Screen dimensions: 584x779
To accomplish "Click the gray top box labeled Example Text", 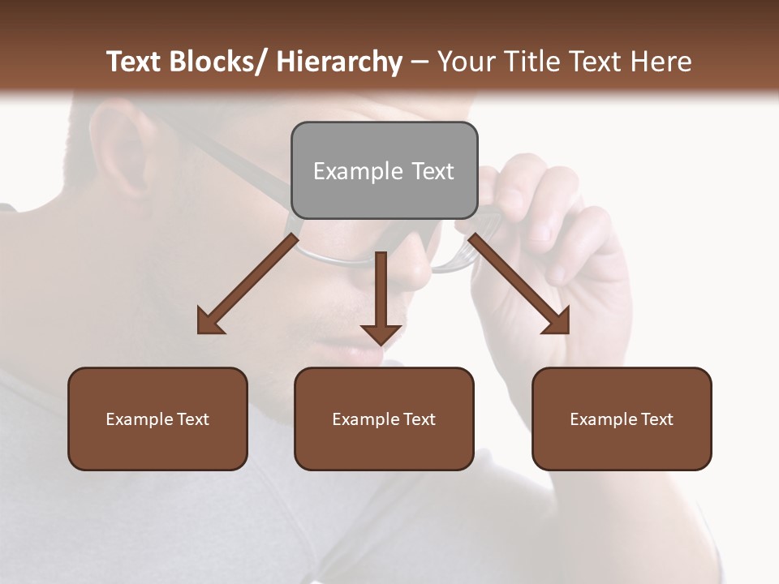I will pyautogui.click(x=384, y=170).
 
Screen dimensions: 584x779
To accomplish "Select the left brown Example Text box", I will pyautogui.click(x=157, y=419).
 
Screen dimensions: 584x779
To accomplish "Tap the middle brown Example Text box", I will pyautogui.click(x=384, y=419).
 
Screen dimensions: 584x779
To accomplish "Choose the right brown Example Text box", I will pyautogui.click(x=622, y=419).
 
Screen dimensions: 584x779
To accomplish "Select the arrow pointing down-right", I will pyautogui.click(x=519, y=284).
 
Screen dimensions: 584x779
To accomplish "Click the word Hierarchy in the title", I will pyautogui.click(x=338, y=62).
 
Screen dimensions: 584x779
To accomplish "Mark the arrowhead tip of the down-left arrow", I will pyautogui.click(x=200, y=332).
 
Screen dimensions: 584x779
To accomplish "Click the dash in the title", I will pyautogui.click(x=420, y=62).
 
